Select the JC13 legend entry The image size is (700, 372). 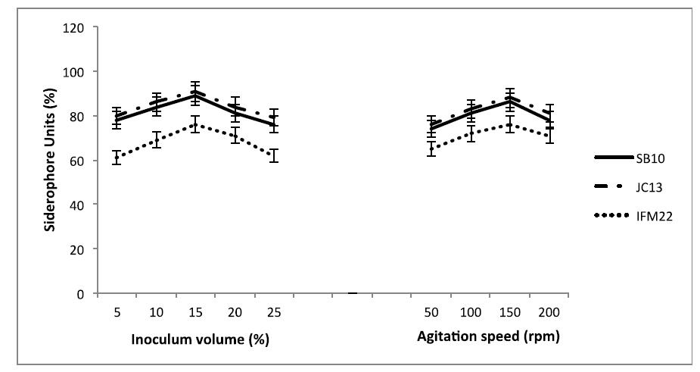coord(640,186)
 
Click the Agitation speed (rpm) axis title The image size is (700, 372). coord(488,337)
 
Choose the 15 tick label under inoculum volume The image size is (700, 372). coord(195,312)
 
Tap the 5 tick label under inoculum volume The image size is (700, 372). coord(117,312)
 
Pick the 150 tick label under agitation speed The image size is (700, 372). coord(509,312)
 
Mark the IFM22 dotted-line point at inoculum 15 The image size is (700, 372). coord(195,124)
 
